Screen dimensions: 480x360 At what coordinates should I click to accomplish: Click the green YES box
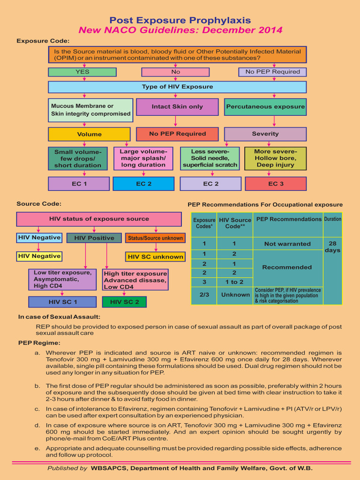coord(82,72)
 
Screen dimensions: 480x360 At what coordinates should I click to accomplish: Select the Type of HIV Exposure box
coord(177,87)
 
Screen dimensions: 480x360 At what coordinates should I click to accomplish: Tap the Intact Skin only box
coord(177,106)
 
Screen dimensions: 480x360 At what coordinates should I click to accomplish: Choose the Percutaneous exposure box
coord(265,106)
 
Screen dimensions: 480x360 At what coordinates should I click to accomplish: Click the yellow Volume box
coord(89,134)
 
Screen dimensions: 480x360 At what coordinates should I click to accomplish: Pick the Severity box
coord(265,134)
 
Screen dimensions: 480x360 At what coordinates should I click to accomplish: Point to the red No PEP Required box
coord(177,134)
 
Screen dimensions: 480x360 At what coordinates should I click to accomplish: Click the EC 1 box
coord(79,183)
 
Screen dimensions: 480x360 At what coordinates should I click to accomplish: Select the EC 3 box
coord(276,183)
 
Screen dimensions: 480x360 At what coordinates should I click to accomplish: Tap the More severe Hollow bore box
coord(276,158)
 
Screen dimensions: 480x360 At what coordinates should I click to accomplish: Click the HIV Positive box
coord(94,238)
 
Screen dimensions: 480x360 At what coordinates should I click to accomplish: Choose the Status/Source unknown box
coord(155,238)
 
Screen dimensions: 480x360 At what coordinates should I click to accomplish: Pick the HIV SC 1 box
coord(62,301)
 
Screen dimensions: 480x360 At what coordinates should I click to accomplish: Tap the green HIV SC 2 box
coord(124,301)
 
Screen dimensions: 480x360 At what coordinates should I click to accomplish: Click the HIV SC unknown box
coord(155,256)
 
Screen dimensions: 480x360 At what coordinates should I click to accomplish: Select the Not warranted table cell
coord(287,244)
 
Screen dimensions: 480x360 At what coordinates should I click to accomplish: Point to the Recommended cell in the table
coord(287,267)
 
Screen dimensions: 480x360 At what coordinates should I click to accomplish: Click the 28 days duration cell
coord(332,247)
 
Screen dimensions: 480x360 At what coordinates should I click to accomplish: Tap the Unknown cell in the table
coord(235,295)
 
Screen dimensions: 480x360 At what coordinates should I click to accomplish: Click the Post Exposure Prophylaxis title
coord(180,20)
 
